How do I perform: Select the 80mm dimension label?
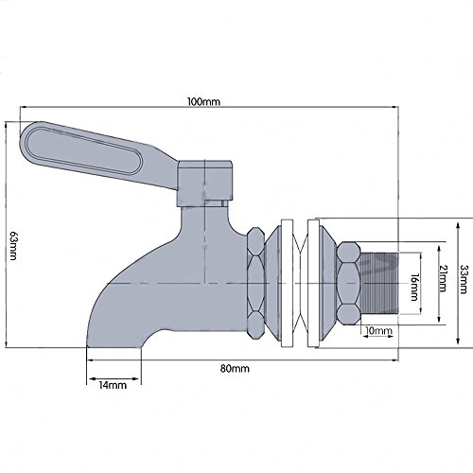click(240, 367)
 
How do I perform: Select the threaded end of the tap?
click(377, 281)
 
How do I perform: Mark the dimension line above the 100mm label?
click(203, 116)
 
